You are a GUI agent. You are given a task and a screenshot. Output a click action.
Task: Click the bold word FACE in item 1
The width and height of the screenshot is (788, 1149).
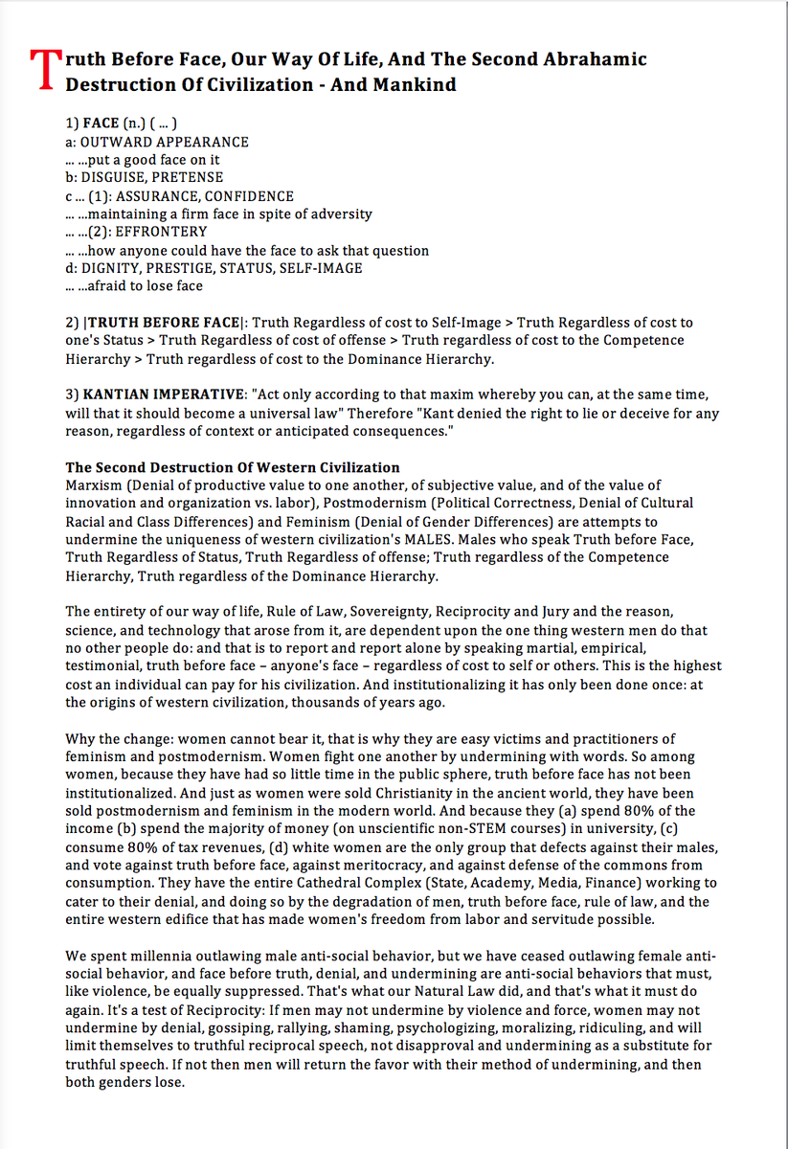pyautogui.click(x=101, y=124)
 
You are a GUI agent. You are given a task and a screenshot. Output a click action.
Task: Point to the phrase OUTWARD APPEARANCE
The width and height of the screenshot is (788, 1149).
pyautogui.click(x=165, y=142)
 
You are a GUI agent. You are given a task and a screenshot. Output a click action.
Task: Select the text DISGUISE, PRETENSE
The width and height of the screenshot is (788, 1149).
pyautogui.click(x=152, y=177)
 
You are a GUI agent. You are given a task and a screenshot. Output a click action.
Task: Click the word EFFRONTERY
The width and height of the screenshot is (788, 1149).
pyautogui.click(x=161, y=232)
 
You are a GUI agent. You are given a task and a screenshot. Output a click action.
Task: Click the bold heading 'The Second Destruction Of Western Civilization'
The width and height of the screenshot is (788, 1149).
pyautogui.click(x=233, y=467)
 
